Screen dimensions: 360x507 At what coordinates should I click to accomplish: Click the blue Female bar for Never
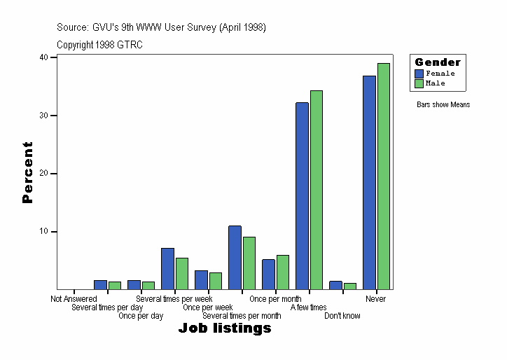coord(369,182)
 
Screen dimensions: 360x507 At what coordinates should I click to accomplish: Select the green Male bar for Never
coord(384,176)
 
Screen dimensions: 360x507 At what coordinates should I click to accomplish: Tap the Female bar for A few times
coord(302,195)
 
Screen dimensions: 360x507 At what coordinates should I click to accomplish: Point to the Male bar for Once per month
coord(283,272)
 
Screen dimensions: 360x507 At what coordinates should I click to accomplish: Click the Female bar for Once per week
coord(201,279)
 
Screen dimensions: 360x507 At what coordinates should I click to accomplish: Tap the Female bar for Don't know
coord(335,285)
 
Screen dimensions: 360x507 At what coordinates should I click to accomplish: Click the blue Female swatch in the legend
coord(419,73)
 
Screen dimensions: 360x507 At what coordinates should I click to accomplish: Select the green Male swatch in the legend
coord(419,83)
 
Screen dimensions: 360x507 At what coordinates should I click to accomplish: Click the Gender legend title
coord(438,62)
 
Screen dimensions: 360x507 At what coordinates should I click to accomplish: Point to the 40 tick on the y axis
coord(43,57)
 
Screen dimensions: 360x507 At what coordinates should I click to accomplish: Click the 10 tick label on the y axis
coord(43,231)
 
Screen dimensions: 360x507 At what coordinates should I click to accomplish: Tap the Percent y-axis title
coord(27,172)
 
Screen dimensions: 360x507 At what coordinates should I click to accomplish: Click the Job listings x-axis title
coord(225,328)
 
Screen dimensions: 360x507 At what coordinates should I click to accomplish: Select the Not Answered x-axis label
coord(74,299)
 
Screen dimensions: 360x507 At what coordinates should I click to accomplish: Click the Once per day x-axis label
coord(141,316)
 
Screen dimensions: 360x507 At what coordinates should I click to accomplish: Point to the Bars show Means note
coord(443,105)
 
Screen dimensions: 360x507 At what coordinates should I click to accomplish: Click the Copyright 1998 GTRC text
coord(99,44)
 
